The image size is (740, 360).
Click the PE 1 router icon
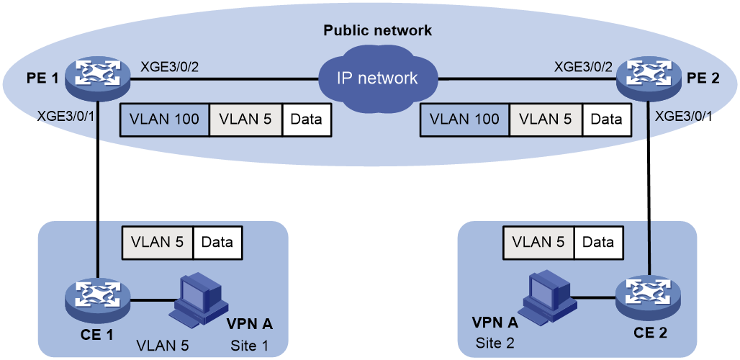coord(97,77)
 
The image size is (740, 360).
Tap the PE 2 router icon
coord(649,77)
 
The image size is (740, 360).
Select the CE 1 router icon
coord(98,299)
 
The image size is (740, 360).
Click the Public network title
coord(377,31)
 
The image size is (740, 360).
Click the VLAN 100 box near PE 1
coord(165,120)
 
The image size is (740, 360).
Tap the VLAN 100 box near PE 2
coord(465,120)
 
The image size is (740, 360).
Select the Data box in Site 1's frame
coord(217,243)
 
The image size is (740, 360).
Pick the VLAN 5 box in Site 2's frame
coord(539,243)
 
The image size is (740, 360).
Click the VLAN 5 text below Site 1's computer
coord(163,346)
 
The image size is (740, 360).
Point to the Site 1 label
coord(250,346)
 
